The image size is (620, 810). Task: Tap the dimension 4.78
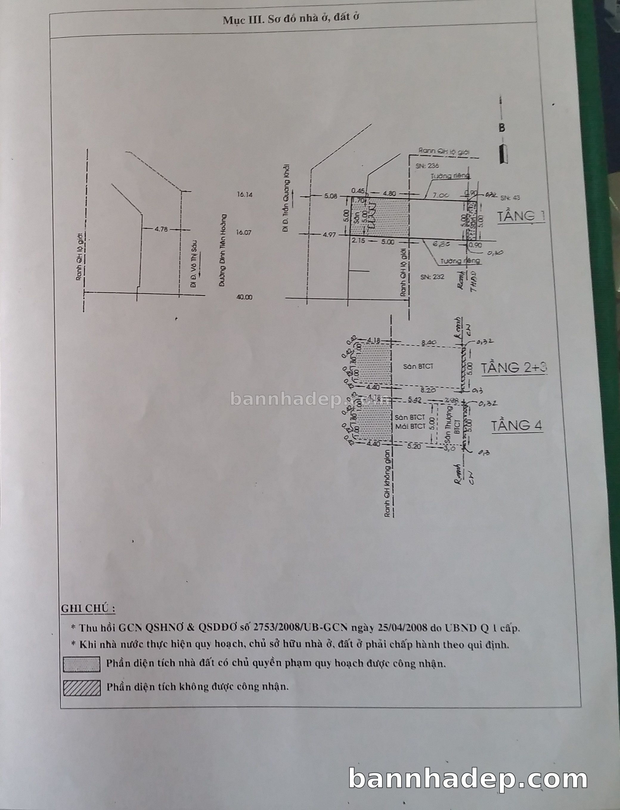point(161,229)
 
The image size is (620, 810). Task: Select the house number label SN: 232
point(432,277)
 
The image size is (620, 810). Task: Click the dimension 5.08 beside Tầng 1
point(331,196)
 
